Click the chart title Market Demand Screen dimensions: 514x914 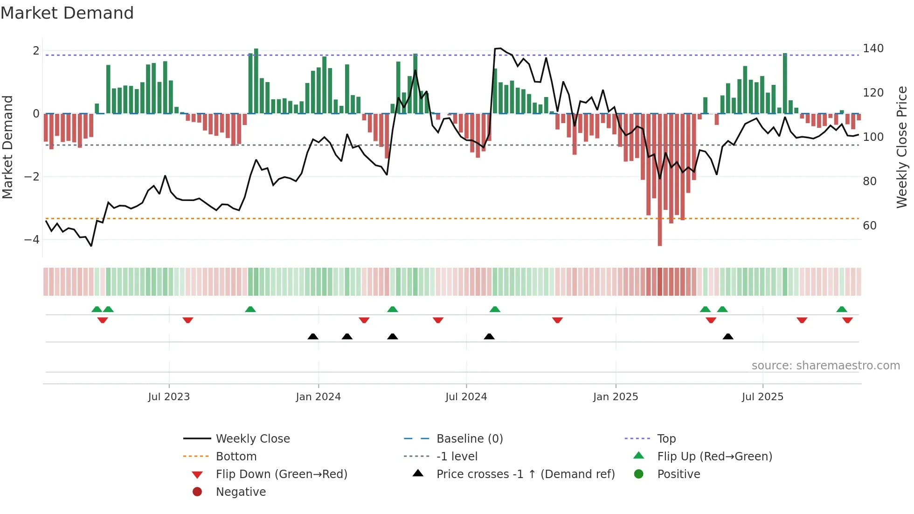[67, 13]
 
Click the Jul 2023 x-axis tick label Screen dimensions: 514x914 [169, 397]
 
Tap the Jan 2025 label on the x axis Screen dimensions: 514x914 [616, 397]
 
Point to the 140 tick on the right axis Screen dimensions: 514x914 [873, 49]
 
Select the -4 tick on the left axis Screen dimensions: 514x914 [32, 240]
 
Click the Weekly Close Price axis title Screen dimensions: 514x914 [902, 147]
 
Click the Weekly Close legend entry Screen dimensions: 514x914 [252, 439]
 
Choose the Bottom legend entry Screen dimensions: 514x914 [236, 457]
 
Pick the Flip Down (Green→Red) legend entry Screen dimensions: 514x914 [281, 474]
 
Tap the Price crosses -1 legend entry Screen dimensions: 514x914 [525, 474]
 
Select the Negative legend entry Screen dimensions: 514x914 [241, 492]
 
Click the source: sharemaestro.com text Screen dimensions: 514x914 [825, 366]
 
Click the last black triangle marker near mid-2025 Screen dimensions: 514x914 [728, 336]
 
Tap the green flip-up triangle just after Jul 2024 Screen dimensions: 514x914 [495, 309]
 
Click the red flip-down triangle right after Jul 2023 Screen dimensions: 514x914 [188, 320]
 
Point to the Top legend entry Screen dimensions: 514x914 [666, 439]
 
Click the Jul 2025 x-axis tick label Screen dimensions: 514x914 [762, 397]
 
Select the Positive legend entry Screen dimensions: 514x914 [678, 474]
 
